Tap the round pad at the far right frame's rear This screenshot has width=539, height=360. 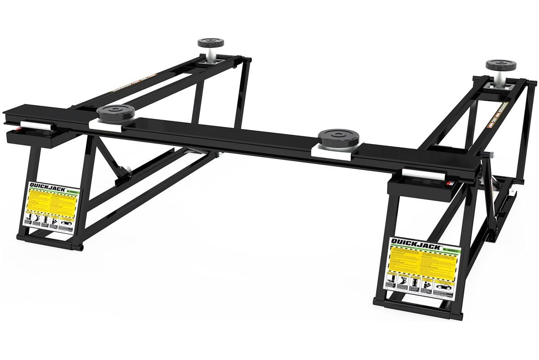[500, 65]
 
